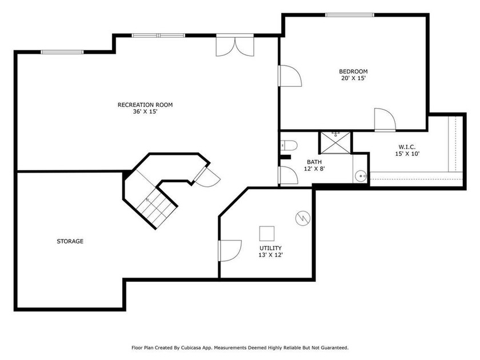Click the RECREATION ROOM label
[145, 105]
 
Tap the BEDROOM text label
[353, 71]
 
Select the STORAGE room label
[70, 241]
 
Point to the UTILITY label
[271, 248]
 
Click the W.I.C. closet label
[407, 147]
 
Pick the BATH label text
[314, 162]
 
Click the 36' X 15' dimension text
[145, 112]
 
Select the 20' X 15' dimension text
[354, 78]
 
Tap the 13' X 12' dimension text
[271, 255]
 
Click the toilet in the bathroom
[289, 145]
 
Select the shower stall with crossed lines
[335, 142]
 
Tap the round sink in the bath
[361, 176]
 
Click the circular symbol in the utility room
[303, 218]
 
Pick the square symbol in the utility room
[267, 234]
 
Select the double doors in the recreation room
[235, 46]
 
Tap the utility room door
[230, 251]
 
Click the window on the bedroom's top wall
[350, 15]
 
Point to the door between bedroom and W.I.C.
[385, 119]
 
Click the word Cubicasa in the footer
[191, 348]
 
